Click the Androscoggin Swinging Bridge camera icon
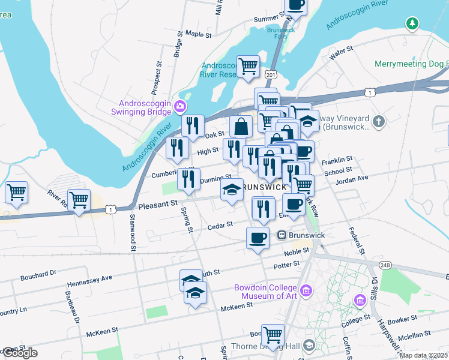click(179, 107)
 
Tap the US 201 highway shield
click(271, 73)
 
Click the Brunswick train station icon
click(280, 236)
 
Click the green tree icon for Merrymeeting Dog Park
click(412, 24)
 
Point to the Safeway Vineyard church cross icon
click(378, 122)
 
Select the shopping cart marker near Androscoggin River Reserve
click(248, 66)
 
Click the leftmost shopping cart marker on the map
click(16, 193)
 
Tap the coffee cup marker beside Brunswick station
click(258, 238)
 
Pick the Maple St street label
click(199, 35)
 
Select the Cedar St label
click(220, 225)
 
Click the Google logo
click(20, 353)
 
